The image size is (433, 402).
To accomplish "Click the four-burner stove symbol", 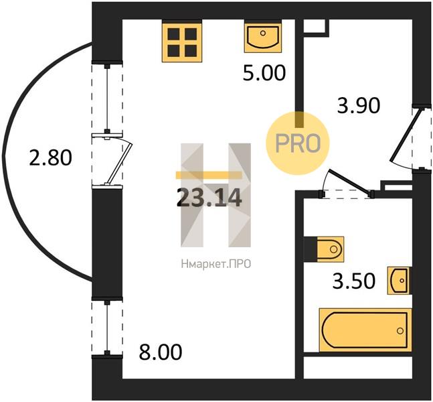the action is point(182,42).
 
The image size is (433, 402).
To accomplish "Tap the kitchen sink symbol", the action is point(263,38).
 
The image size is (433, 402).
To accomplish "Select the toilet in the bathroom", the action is point(331,249).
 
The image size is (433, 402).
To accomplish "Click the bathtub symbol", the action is point(365,330).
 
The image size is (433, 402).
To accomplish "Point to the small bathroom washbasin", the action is point(399,281).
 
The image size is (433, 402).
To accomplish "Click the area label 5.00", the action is point(264,73).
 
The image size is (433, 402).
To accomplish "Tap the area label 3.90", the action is point(359,105).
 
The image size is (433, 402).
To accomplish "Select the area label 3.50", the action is point(354,281).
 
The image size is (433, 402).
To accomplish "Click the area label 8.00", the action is point(161,352).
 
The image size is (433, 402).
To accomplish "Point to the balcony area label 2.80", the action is point(51,158).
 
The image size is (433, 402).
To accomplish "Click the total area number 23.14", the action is point(209,198).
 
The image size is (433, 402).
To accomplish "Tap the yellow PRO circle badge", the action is point(298,143).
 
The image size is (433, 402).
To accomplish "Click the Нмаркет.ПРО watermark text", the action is point(216,264).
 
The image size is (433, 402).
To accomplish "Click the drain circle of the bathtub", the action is point(400,331).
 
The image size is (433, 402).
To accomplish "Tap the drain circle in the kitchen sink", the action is point(263,33).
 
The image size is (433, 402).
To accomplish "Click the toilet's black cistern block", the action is point(311,249).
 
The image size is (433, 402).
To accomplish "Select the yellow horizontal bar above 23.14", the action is point(209,175).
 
